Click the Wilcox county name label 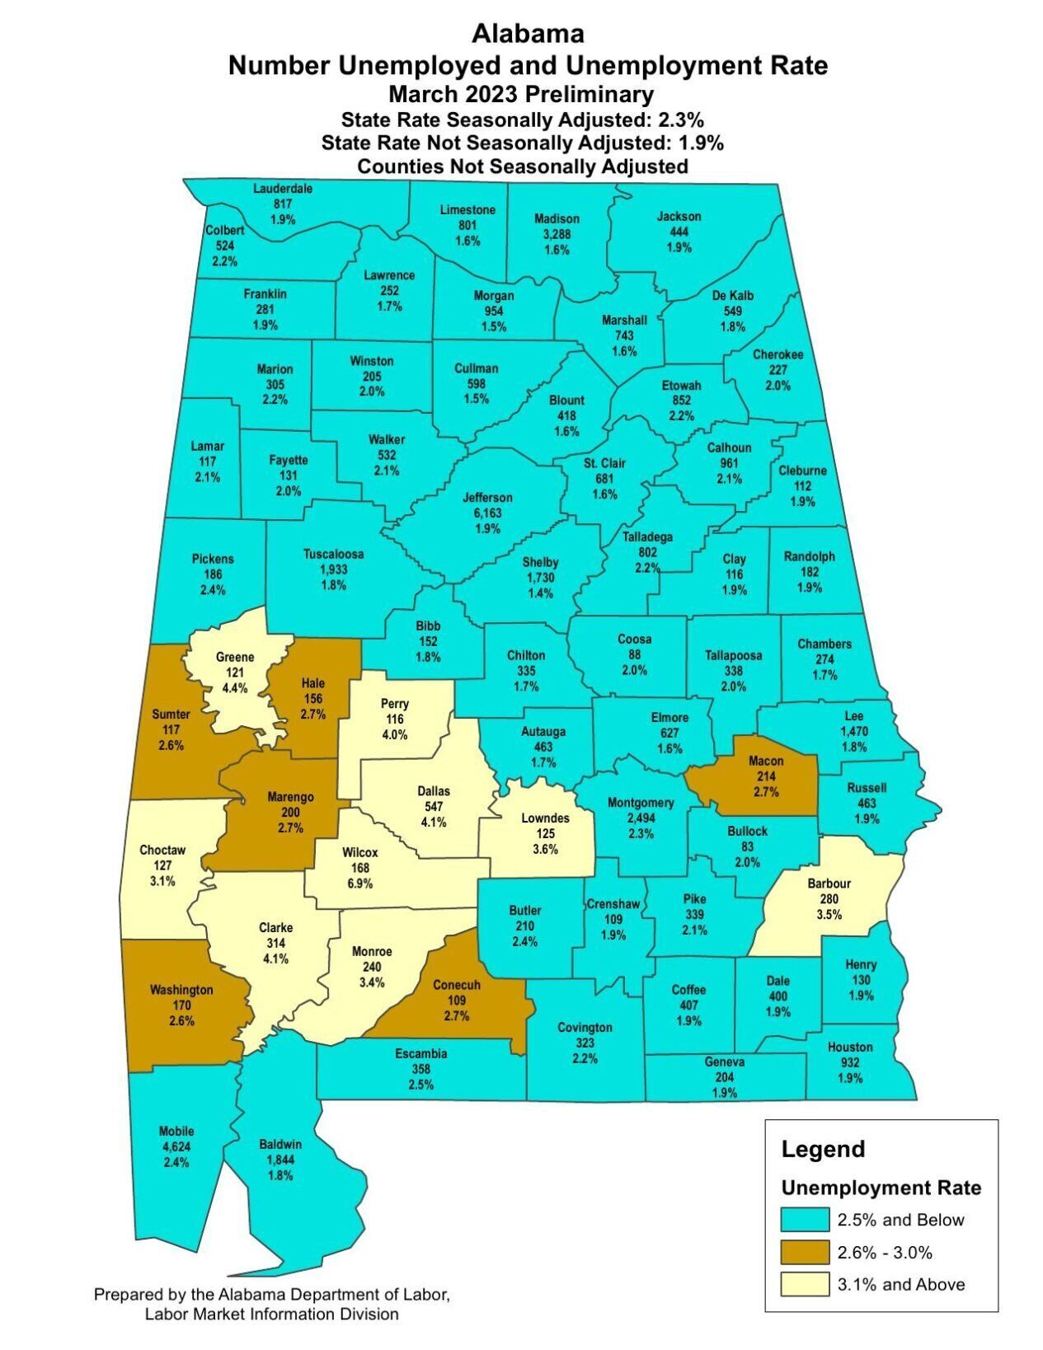(x=360, y=852)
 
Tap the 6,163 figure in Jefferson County (x=487, y=513)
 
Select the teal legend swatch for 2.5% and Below (x=805, y=1220)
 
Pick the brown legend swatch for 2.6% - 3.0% (x=805, y=1252)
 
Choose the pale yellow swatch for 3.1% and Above (x=805, y=1284)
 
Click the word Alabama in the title (x=528, y=34)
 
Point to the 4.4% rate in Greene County (x=235, y=688)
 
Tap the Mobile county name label (x=177, y=1131)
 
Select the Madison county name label (x=557, y=218)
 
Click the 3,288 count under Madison (x=557, y=234)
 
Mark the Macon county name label (x=766, y=761)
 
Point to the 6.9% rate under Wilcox (x=360, y=884)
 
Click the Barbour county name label (x=829, y=884)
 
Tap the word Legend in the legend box (x=823, y=1149)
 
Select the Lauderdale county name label (x=283, y=188)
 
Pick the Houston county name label (x=850, y=1047)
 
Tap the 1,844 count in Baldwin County (x=280, y=1160)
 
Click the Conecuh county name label (x=457, y=984)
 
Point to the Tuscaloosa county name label (x=333, y=554)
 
